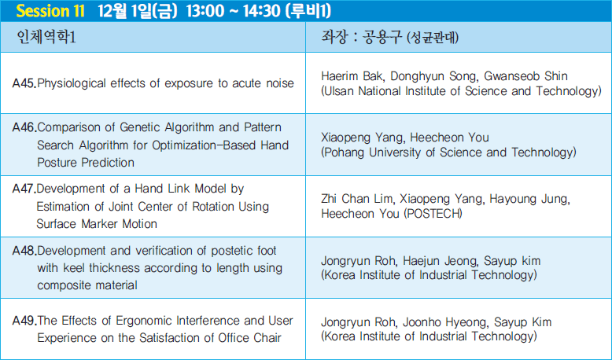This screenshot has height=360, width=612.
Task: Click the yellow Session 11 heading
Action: [x=50, y=11]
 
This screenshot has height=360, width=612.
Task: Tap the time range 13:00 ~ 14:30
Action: [x=234, y=11]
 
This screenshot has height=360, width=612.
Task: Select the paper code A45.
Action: [x=24, y=83]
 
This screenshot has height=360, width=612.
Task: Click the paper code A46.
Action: [x=24, y=127]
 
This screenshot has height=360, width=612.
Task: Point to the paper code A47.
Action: [x=24, y=189]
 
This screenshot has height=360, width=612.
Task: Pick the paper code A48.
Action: [x=24, y=251]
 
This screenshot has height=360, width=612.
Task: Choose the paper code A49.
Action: [x=24, y=321]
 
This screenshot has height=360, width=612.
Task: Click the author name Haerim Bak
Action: [x=352, y=76]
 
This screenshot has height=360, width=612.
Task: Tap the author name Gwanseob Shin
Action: [x=525, y=76]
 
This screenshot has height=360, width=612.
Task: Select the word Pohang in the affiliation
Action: [x=345, y=152]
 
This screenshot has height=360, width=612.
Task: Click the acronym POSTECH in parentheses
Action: [x=433, y=214]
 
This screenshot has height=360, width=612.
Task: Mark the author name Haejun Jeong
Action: [x=440, y=260]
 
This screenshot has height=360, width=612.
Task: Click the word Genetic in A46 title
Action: [x=140, y=127]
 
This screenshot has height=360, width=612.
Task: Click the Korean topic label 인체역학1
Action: [x=46, y=37]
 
